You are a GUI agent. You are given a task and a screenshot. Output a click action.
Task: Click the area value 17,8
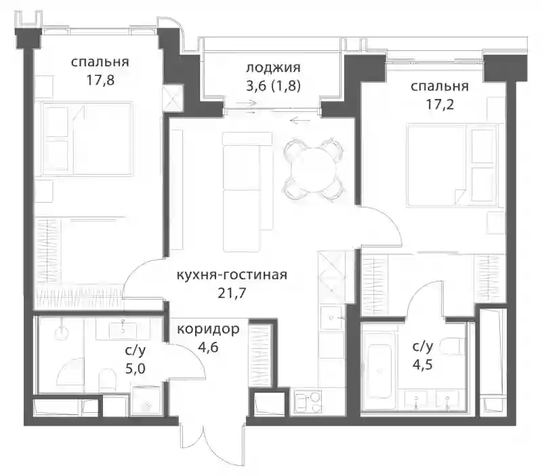point(100,81)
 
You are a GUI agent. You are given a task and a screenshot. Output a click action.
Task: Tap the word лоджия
point(273,68)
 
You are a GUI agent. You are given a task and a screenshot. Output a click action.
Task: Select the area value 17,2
point(440,104)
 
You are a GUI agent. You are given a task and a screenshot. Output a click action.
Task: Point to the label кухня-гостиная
point(232,275)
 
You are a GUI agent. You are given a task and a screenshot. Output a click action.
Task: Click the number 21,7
point(232,293)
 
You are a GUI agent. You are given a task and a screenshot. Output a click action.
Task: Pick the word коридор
point(208,329)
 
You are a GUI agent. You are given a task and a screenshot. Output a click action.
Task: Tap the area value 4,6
point(208,347)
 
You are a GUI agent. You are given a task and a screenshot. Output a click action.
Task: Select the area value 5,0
point(135,369)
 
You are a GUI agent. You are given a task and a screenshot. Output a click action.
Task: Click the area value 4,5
point(422,365)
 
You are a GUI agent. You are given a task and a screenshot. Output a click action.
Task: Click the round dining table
point(314,170)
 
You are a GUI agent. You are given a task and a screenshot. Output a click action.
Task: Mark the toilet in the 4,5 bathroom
point(452,345)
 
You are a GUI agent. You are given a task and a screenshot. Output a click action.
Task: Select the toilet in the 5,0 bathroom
point(107,380)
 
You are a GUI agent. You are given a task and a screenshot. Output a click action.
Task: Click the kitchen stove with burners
point(308,401)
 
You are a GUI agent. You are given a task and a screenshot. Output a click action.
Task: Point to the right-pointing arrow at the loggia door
point(247,103)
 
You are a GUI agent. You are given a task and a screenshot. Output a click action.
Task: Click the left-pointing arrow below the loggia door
point(300,121)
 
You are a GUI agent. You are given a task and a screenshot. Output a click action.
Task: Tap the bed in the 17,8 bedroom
point(87,138)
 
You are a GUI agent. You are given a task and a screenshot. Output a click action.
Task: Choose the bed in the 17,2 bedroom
point(452,165)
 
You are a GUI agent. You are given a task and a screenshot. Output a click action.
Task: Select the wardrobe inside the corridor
point(261,355)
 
